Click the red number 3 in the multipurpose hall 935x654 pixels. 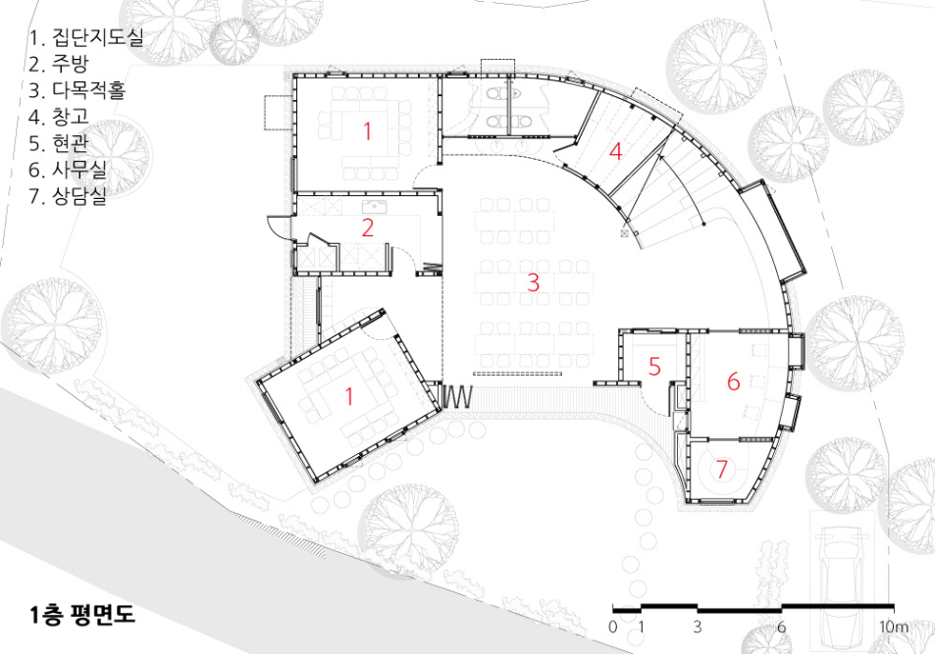tap(534, 282)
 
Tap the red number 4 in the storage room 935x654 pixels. tap(615, 151)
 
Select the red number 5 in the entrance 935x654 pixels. tap(654, 367)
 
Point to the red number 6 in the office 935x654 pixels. tap(734, 381)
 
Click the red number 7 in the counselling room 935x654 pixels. tap(721, 470)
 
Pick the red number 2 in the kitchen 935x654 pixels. tap(368, 227)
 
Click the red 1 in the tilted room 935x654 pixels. tap(349, 396)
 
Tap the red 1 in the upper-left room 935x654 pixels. tap(367, 131)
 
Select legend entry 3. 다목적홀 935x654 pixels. tap(77, 90)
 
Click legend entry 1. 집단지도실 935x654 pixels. tap(86, 37)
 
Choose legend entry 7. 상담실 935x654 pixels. tap(68, 195)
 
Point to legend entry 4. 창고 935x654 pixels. tap(59, 117)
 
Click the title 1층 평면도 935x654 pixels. tap(82, 615)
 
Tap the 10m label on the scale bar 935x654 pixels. tap(895, 628)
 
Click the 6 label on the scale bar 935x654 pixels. tap(781, 628)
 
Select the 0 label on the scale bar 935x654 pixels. tap(613, 628)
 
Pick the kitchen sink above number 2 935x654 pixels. tap(375, 208)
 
